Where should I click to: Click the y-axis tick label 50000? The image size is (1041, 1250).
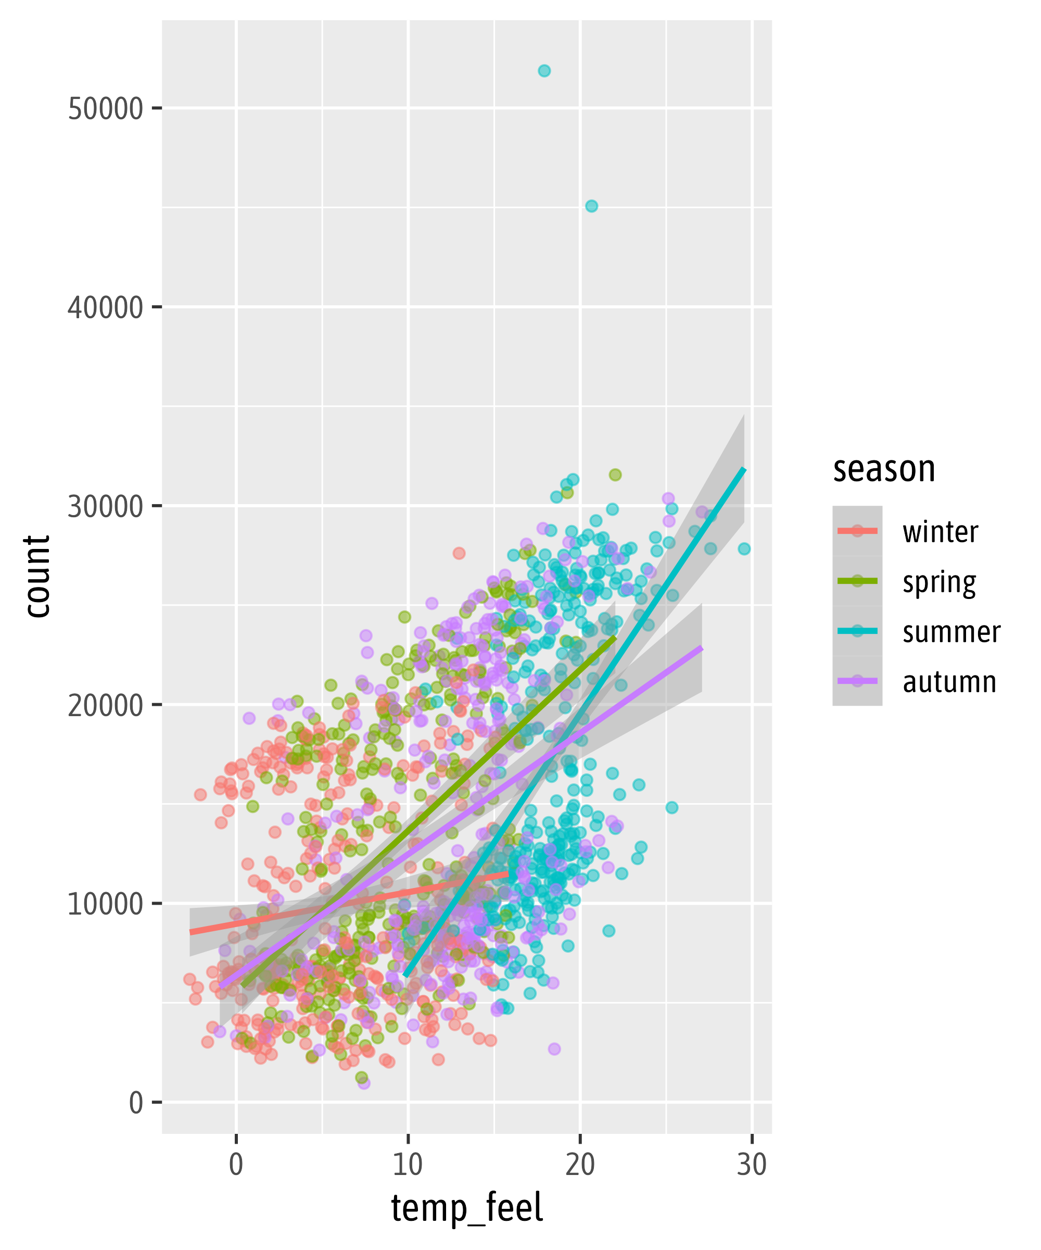105,109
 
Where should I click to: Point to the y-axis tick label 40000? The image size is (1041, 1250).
105,308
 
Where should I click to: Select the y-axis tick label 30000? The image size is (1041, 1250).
105,507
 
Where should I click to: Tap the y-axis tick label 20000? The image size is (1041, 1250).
105,706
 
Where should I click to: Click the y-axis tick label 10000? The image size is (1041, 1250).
105,905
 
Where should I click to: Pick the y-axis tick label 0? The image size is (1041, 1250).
136,1104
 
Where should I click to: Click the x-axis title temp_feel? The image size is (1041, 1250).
467,1208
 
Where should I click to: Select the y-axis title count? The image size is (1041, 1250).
37,576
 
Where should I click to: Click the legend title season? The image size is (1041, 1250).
884,469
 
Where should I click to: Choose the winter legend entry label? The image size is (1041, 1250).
940,532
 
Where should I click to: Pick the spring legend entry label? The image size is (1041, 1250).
940,583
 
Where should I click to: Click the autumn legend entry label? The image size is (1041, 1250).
949,682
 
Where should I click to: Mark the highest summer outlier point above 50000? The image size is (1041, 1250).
544,71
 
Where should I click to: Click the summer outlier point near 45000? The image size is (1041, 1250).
591,206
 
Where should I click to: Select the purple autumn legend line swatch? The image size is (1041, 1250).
857,680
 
